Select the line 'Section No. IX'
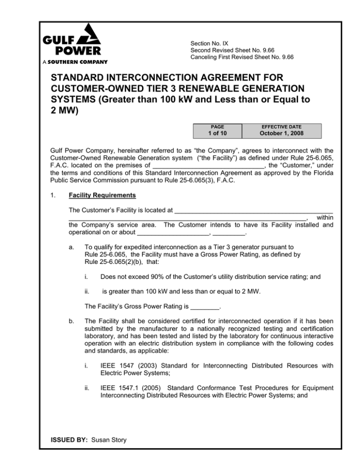(x=210, y=43)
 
